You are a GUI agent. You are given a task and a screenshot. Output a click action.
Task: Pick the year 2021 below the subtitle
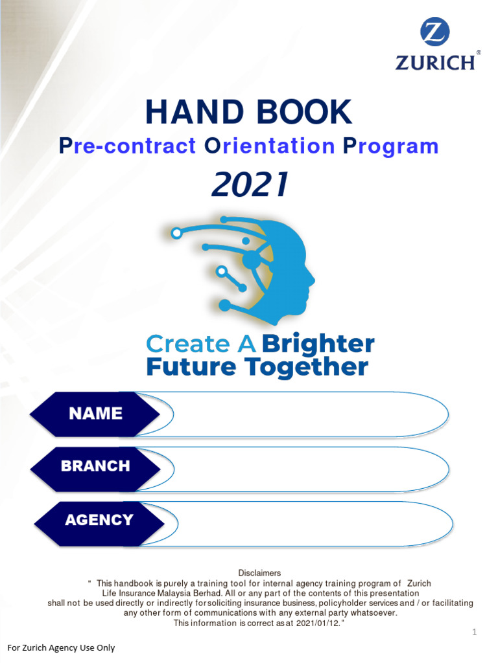[x=250, y=186]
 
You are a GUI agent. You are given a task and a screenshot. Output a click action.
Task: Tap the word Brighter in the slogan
[x=318, y=344]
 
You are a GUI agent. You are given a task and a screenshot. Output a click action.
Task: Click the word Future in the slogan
[x=192, y=367]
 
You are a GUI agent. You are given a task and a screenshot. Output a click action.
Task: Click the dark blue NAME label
[x=95, y=413]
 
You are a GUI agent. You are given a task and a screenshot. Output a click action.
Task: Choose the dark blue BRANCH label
[x=95, y=466]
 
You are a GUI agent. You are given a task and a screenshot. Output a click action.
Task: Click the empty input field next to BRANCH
[x=305, y=467]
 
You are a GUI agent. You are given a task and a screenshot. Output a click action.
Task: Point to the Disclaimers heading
[x=259, y=573]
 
